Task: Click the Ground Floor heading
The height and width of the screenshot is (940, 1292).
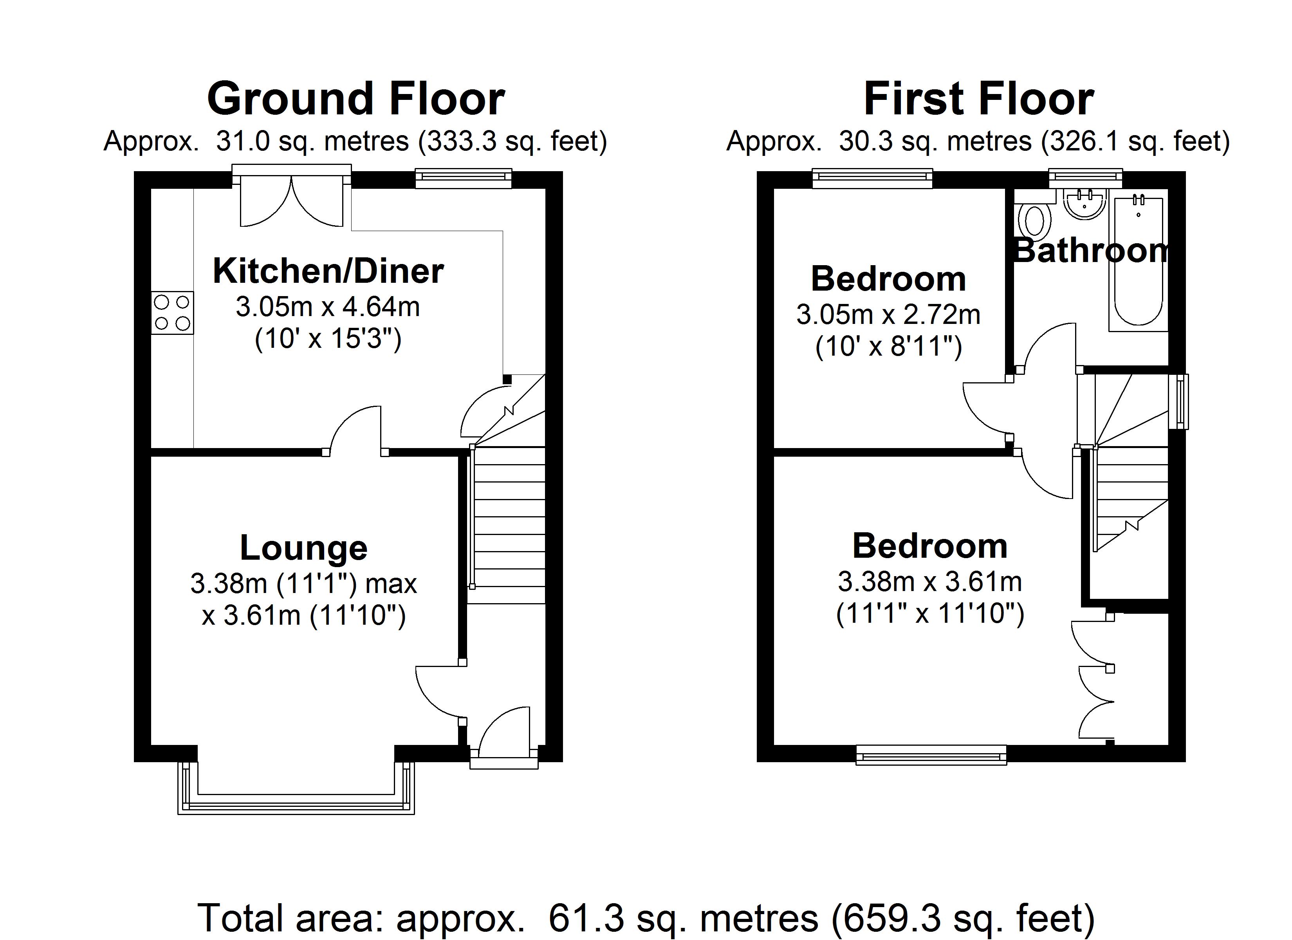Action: (355, 99)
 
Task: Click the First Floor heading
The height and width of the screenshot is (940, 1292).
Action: (978, 99)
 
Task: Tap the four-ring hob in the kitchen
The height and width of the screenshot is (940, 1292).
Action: (172, 313)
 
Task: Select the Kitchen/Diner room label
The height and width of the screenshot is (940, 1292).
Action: (328, 271)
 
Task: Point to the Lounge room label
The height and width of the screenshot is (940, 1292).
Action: (304, 548)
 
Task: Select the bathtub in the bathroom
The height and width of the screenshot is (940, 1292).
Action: (1138, 262)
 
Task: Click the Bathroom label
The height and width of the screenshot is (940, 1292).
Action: (1091, 251)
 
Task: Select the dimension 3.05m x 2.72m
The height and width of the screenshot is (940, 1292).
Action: (888, 315)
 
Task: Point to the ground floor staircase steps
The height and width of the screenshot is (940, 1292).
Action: (509, 524)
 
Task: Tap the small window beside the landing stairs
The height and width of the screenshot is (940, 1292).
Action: (1182, 401)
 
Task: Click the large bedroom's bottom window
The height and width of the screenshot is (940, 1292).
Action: (931, 756)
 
